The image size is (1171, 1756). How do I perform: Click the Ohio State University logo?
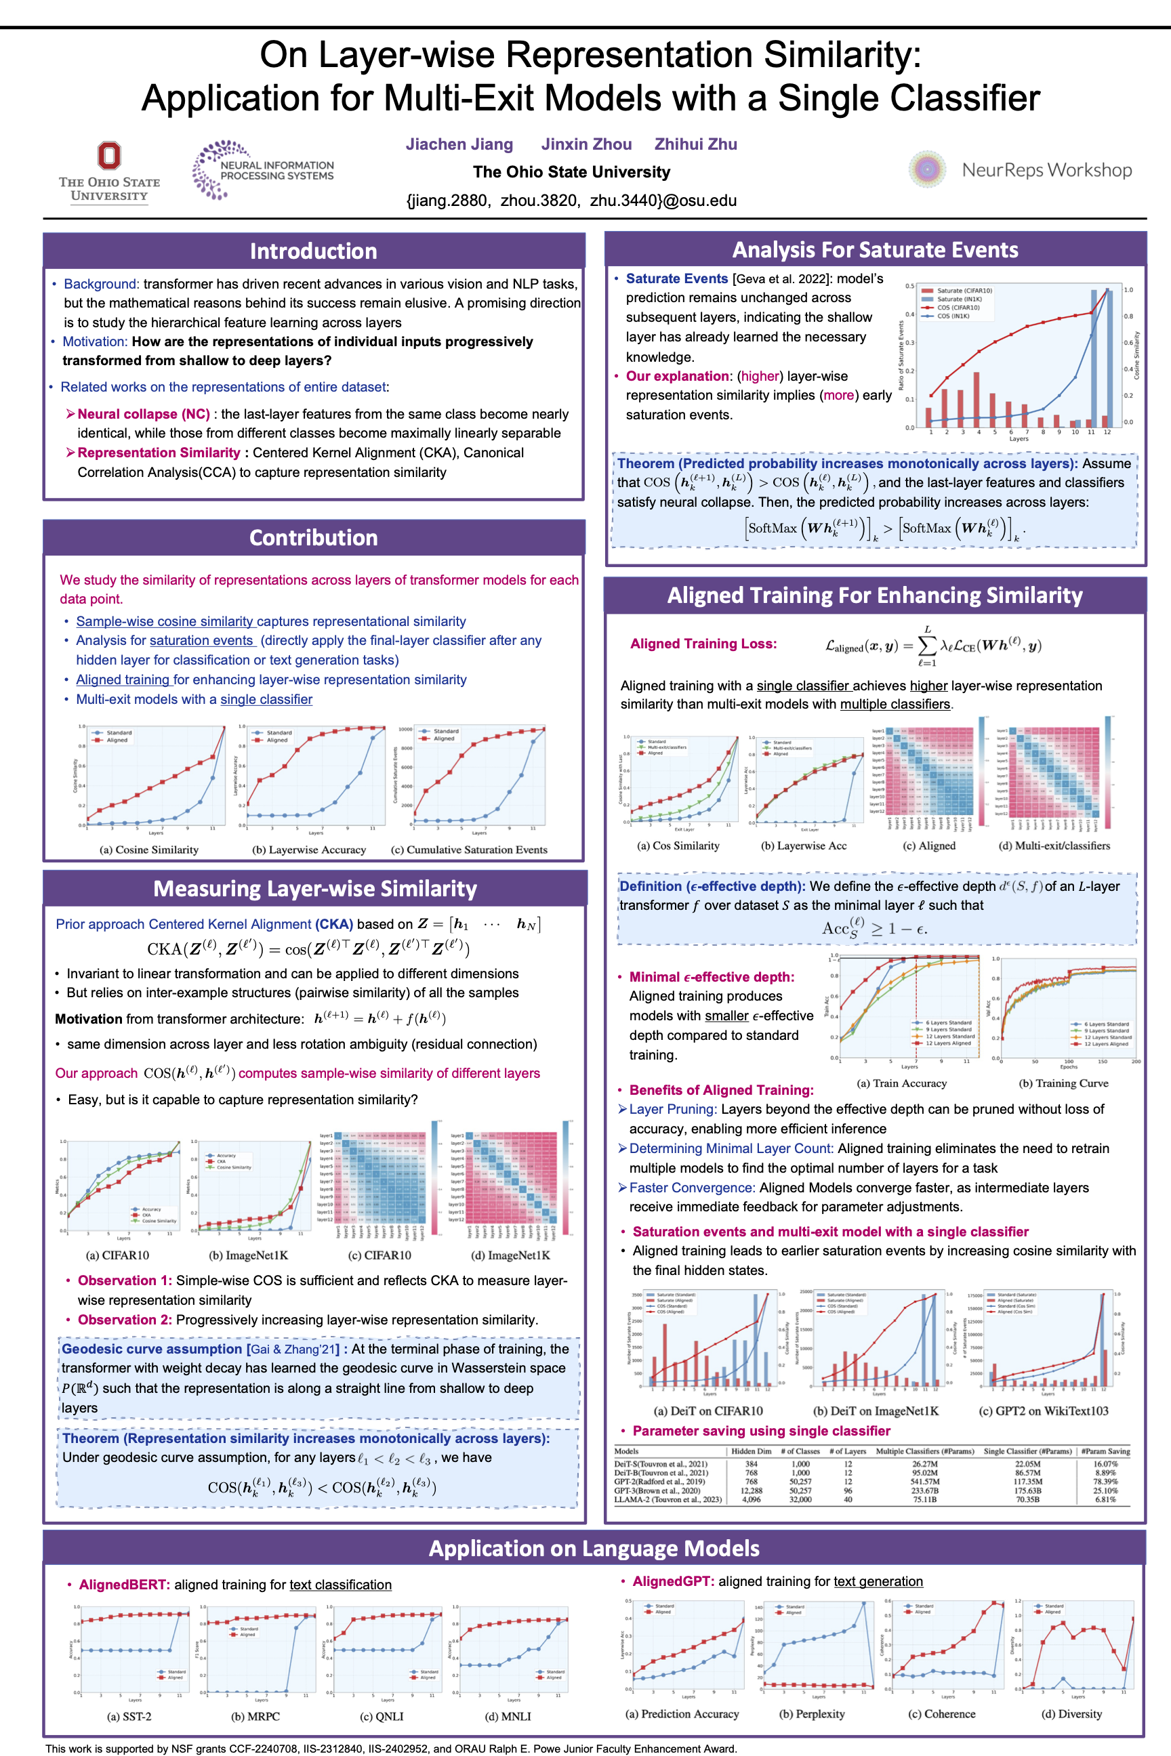tap(109, 171)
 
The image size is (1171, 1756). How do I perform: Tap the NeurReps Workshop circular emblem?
tap(927, 169)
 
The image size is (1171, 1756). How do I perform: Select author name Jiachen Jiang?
tap(459, 144)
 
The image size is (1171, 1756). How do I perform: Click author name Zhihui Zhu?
tap(695, 144)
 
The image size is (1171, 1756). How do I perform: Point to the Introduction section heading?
tap(314, 251)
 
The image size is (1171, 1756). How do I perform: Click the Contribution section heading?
tap(314, 537)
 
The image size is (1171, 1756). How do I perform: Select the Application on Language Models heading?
tap(594, 1549)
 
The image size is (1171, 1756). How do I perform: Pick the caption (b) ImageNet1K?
tap(248, 1255)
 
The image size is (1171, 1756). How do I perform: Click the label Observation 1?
tap(125, 1280)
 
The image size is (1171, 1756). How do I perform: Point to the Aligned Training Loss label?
tap(703, 644)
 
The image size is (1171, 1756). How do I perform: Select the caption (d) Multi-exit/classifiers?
tap(1054, 846)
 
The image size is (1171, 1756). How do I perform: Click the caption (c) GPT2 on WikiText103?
tap(1044, 1410)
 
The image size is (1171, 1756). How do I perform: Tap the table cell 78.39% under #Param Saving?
tap(1105, 1481)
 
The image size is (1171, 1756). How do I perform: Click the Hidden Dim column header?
tap(751, 1450)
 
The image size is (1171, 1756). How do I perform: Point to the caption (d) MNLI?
tap(508, 1717)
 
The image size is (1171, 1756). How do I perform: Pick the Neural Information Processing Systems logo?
tap(263, 170)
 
